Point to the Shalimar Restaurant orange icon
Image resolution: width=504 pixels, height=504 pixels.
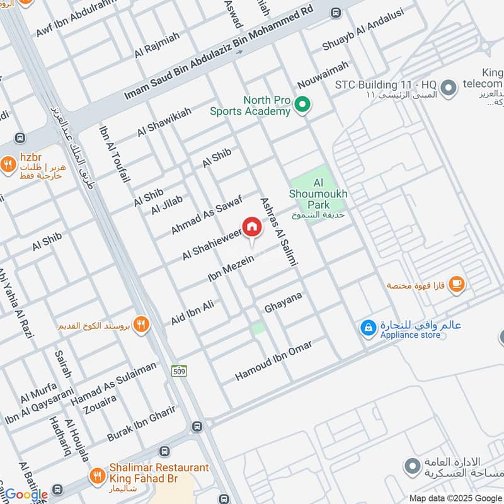click(97, 474)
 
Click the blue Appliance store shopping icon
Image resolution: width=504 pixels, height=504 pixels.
click(367, 328)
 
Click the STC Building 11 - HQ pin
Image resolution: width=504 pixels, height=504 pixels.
click(449, 88)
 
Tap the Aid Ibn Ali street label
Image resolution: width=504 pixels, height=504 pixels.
click(193, 313)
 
